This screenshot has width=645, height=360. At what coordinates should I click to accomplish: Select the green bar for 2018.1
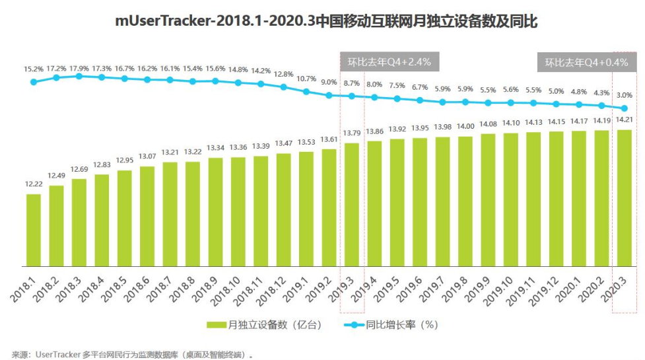(34, 231)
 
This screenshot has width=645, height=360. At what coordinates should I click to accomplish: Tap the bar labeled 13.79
(352, 205)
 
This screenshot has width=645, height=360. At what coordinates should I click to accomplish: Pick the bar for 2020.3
(623, 198)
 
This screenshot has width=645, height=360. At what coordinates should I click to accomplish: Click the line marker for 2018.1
(34, 82)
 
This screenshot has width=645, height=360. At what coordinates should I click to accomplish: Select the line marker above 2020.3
(624, 108)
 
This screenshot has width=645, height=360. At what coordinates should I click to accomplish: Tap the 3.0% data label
(624, 96)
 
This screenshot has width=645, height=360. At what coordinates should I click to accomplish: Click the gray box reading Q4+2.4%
(389, 63)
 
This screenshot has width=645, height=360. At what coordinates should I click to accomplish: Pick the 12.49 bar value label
(57, 175)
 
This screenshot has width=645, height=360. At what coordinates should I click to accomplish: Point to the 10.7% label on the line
(306, 79)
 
